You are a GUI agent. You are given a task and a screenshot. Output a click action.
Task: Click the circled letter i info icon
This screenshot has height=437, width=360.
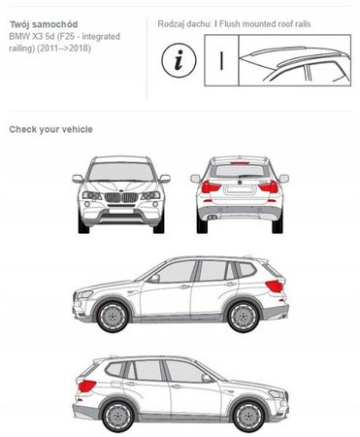(x=179, y=60)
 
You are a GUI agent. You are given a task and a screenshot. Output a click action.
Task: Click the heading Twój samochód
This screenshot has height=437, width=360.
(x=44, y=24)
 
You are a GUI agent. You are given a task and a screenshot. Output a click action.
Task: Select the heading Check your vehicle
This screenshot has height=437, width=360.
(x=51, y=129)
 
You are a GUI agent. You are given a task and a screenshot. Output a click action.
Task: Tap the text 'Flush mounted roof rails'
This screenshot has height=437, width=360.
(x=265, y=24)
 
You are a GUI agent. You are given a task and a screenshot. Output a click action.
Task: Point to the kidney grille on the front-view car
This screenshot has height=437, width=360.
(x=121, y=197)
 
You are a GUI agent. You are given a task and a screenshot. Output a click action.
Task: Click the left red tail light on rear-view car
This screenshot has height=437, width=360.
(x=211, y=186)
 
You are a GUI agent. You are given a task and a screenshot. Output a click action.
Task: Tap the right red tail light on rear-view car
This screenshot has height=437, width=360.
(x=269, y=186)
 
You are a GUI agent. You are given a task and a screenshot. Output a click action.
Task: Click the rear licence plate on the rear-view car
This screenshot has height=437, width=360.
(x=240, y=190)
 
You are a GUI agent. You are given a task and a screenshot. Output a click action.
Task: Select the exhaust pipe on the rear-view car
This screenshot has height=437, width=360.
(x=213, y=217)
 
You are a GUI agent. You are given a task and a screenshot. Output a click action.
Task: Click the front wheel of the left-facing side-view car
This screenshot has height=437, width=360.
(x=113, y=316)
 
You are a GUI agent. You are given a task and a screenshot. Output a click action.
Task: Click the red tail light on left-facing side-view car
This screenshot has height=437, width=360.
(x=275, y=286)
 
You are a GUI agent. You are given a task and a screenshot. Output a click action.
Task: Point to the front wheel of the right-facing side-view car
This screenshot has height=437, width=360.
(x=248, y=416)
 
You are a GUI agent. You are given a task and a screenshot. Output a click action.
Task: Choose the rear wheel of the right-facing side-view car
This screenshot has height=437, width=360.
(x=118, y=416)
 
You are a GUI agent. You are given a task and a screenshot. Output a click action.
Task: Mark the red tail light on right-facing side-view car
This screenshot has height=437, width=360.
(x=86, y=386)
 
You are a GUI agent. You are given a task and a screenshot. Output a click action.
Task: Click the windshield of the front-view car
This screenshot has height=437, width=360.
(x=121, y=172)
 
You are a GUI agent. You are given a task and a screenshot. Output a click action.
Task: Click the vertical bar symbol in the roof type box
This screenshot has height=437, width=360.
(x=221, y=60)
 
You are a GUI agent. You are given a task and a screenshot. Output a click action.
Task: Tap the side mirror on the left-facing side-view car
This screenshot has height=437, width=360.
(x=154, y=278)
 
